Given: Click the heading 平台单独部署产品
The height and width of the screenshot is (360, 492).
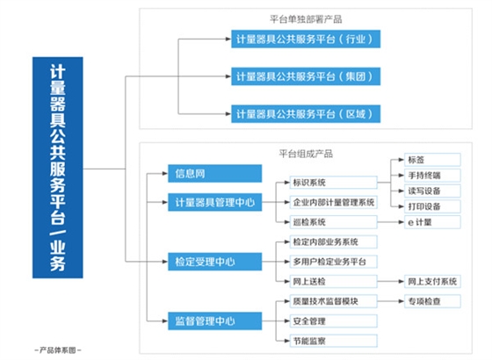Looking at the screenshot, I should (x=304, y=18).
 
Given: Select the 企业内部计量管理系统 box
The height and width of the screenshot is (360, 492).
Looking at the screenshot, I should (x=332, y=202).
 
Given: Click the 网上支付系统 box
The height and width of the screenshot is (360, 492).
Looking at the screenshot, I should (x=430, y=281).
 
